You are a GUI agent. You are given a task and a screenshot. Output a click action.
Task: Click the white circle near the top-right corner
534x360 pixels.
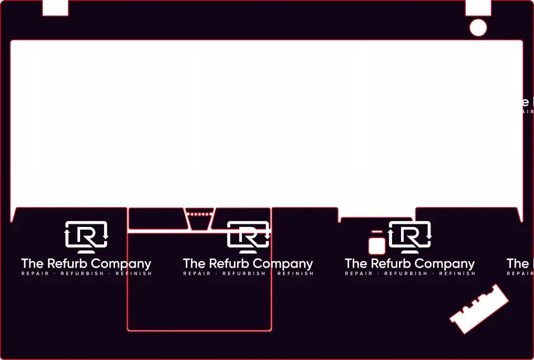478,28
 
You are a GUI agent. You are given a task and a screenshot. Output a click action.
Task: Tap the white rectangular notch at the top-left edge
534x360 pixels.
55,7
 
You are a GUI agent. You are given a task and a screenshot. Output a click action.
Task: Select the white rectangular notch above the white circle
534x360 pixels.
478,7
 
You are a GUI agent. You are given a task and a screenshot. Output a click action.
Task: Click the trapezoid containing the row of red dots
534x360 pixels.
200,218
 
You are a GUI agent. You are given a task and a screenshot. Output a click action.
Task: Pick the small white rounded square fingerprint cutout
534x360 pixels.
377,246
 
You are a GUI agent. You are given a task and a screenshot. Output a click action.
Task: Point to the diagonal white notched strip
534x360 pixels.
479,309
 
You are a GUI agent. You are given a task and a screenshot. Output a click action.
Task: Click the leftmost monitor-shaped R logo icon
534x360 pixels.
86,237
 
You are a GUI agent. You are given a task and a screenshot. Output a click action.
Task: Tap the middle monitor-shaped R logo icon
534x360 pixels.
248,237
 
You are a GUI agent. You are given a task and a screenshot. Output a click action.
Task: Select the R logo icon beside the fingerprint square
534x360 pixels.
410,237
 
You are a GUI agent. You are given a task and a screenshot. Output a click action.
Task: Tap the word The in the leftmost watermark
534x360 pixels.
32,264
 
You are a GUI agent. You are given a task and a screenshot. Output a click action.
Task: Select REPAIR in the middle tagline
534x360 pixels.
197,274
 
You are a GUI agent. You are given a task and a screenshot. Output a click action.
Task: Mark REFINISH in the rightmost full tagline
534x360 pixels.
457,274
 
